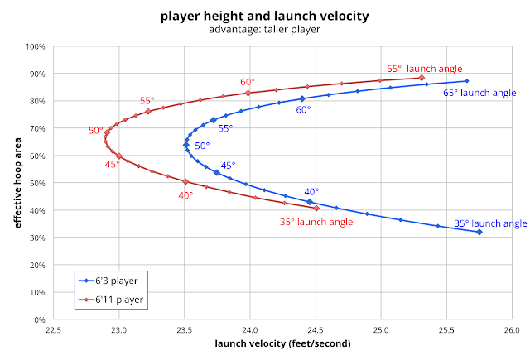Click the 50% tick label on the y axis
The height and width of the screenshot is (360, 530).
36,183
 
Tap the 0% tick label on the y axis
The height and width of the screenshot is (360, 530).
38,319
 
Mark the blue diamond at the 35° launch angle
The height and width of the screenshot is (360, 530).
479,232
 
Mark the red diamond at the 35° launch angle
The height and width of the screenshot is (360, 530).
316,208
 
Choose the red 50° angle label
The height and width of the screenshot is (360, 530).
96,131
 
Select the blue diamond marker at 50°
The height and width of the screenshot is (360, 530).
186,145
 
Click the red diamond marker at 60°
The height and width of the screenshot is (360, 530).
248,93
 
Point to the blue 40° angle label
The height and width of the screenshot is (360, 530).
311,191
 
